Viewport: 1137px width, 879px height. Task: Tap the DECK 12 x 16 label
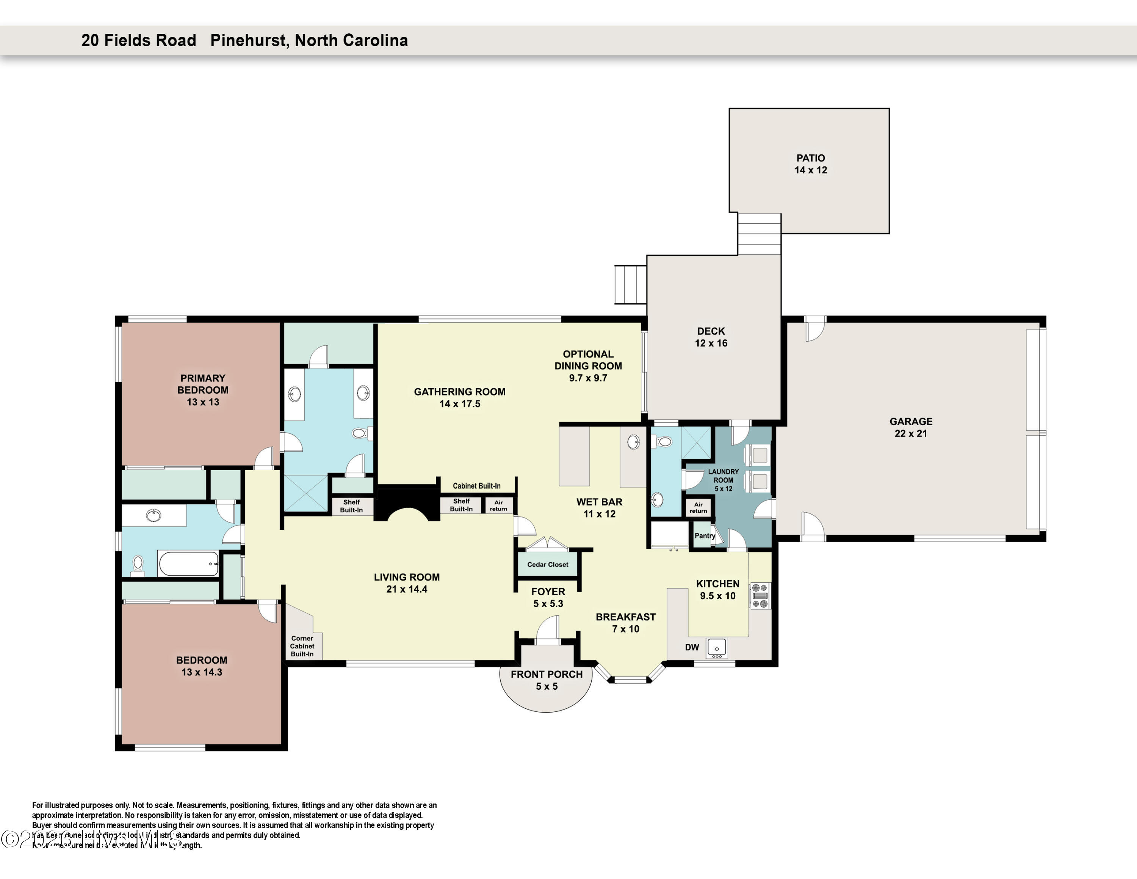point(711,337)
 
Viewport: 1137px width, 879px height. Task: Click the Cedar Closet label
point(548,565)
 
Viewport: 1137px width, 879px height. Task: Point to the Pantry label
point(705,536)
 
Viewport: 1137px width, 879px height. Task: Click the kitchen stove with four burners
point(760,596)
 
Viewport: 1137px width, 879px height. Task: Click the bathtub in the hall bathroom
point(188,564)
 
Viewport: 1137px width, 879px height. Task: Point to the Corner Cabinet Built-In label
point(302,646)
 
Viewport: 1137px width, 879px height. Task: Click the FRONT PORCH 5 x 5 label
point(546,680)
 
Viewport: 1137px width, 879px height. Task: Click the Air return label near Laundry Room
point(698,508)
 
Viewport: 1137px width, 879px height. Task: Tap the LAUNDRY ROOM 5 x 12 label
point(723,480)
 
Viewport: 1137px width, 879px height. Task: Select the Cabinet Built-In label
point(476,486)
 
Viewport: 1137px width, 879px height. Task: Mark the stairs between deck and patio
point(759,234)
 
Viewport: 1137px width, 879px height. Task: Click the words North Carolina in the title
point(351,41)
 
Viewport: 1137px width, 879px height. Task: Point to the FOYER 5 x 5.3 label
point(548,597)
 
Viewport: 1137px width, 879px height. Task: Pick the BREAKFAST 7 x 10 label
point(625,623)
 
